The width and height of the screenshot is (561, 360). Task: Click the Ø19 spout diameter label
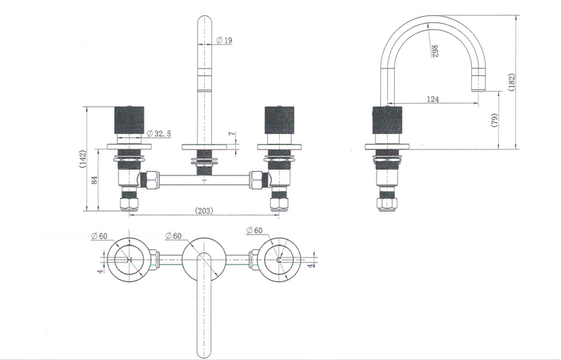[224, 40]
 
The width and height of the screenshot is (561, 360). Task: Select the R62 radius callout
[434, 51]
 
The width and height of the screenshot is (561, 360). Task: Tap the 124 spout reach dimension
[433, 99]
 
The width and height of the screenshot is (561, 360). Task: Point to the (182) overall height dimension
[511, 82]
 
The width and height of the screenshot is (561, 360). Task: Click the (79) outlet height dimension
[494, 120]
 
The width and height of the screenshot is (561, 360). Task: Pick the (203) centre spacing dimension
[204, 211]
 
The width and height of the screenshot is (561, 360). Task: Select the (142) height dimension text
[83, 159]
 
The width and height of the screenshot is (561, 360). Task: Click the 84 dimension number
[95, 180]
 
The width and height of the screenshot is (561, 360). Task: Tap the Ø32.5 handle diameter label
[159, 133]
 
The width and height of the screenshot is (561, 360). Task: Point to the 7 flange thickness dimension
[232, 133]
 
